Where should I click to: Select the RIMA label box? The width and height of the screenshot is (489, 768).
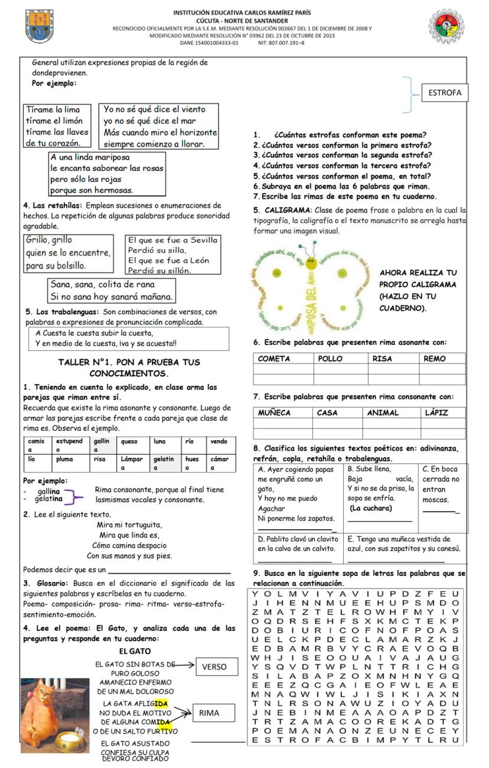coord(209,713)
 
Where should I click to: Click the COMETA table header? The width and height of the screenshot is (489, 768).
coord(283,359)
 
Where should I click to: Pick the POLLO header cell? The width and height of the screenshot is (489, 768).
coord(340,359)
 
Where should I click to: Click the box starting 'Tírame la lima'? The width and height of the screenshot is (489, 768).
coord(57,126)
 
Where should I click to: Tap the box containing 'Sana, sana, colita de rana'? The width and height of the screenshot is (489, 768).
coord(112,290)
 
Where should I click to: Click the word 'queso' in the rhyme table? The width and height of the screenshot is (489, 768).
coord(129,441)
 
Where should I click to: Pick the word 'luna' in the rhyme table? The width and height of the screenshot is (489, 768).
coord(159,441)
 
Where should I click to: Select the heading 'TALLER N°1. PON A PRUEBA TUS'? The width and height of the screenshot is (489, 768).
coord(129,362)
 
